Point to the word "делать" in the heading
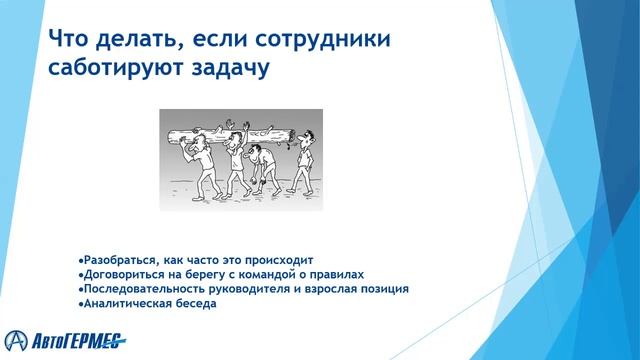[x=135, y=40]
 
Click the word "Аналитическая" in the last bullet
[x=121, y=303]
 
